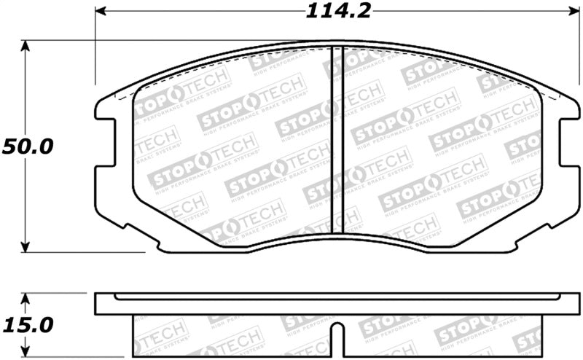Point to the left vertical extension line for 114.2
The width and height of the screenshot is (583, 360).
click(x=95, y=51)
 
